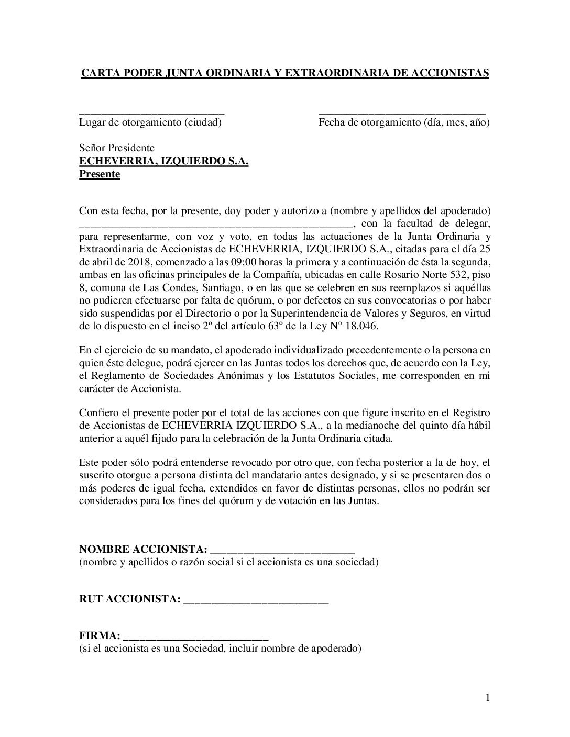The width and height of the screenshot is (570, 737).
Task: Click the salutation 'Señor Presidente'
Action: click(x=116, y=148)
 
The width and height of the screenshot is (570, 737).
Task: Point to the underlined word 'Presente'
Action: click(x=100, y=174)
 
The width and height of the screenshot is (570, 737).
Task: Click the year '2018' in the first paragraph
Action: click(x=138, y=262)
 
